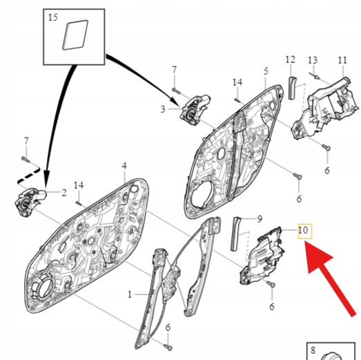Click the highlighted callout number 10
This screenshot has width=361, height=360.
[x=303, y=230]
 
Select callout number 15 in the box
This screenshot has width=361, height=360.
[x=53, y=17]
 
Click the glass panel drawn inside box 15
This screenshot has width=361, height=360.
[x=75, y=35]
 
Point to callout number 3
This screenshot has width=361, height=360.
[x=163, y=109]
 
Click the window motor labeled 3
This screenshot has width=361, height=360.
[x=194, y=110]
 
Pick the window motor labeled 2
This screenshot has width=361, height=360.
[x=30, y=202]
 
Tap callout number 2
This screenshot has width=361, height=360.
[x=64, y=193]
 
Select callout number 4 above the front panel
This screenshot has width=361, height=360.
[x=124, y=166]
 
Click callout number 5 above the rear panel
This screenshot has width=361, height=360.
[x=266, y=71]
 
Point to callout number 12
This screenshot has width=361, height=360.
[x=291, y=59]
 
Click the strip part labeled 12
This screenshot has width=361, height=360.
[x=292, y=88]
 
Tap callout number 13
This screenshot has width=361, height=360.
[x=313, y=60]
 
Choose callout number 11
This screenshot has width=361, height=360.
[x=342, y=60]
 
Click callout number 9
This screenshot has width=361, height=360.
[x=260, y=219]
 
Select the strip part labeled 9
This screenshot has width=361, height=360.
[x=235, y=234]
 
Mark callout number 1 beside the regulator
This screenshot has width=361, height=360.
[x=130, y=294]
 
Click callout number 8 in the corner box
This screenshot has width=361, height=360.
[x=313, y=350]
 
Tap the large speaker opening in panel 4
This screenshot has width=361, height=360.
[x=43, y=289]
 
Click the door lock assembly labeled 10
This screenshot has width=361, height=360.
[x=262, y=256]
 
